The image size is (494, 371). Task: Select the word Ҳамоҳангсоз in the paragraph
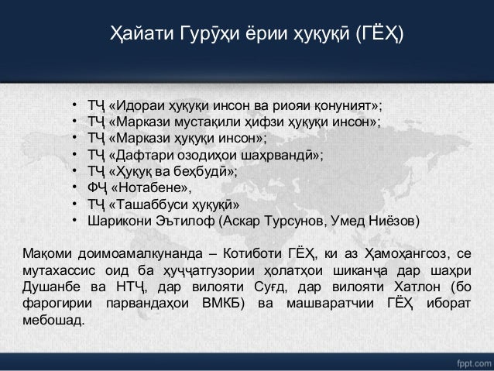(x=407, y=252)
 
